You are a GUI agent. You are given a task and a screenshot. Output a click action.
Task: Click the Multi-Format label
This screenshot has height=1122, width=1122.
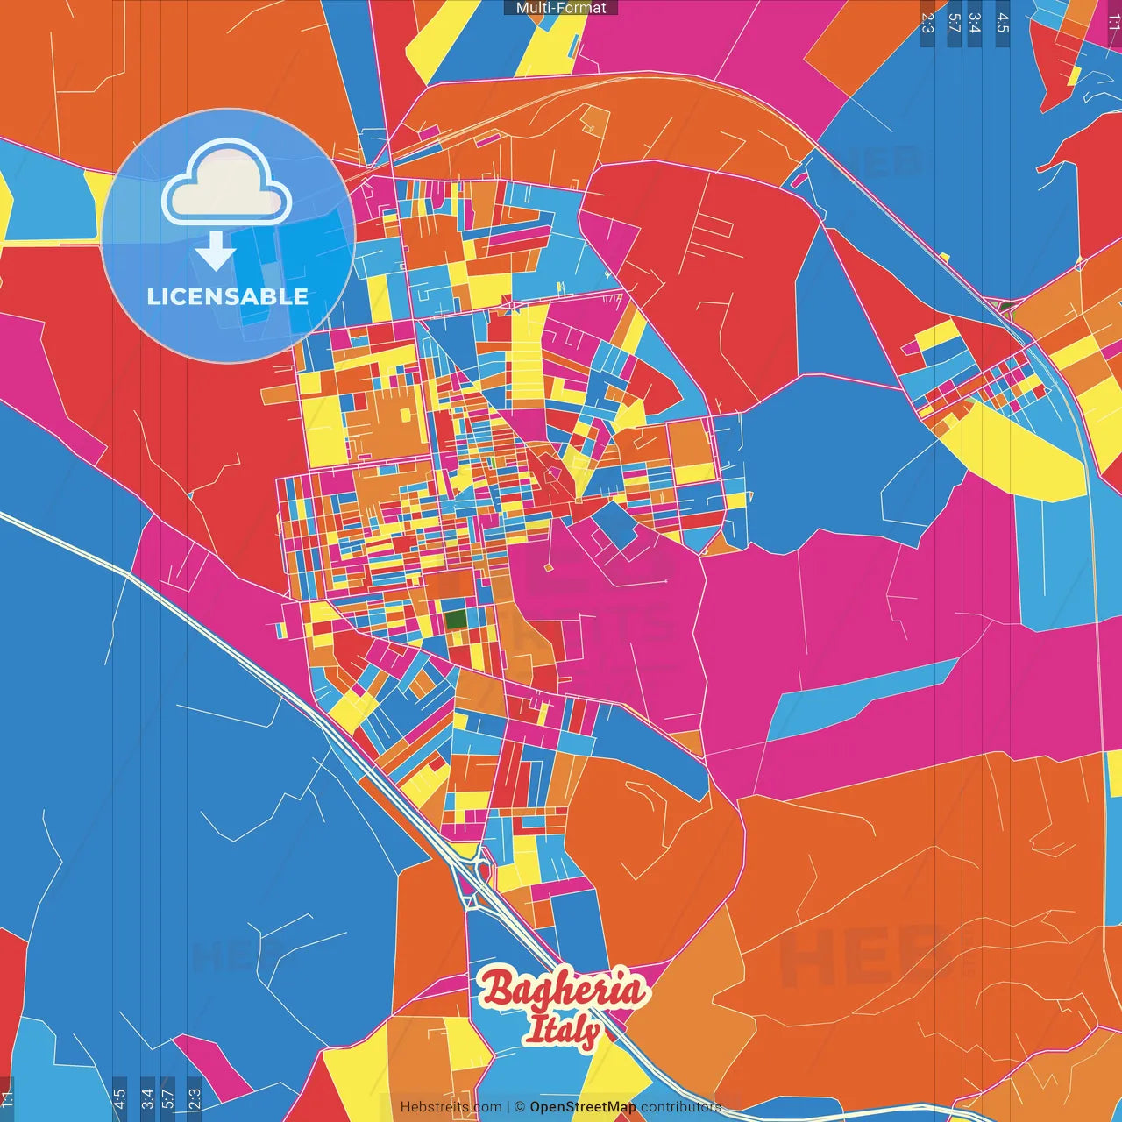561,8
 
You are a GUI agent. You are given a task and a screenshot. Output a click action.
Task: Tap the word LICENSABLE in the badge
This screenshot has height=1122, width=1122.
227,296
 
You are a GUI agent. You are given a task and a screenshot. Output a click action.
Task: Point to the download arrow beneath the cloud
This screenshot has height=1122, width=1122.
216,251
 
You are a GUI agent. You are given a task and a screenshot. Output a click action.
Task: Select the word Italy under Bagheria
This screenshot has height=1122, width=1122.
563,1030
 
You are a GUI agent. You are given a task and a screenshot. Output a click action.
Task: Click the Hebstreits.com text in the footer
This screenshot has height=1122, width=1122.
451,1107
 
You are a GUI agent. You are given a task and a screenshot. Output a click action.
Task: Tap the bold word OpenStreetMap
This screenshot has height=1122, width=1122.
582,1107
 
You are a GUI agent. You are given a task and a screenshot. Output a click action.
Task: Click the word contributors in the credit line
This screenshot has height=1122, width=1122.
680,1107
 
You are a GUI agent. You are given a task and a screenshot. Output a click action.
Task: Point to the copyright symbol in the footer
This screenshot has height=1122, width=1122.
519,1107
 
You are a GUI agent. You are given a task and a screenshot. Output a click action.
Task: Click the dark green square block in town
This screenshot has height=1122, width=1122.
455,619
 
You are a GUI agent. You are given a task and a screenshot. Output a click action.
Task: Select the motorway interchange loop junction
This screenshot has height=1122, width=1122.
474,877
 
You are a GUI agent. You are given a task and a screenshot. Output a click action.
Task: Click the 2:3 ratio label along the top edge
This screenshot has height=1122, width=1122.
927,23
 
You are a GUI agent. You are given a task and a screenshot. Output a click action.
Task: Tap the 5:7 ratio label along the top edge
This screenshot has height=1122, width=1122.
954,23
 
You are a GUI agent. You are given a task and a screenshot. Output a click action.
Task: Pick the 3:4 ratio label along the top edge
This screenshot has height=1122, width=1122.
975,23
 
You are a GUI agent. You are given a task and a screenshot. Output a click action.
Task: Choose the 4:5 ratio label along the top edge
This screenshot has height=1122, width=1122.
1003,23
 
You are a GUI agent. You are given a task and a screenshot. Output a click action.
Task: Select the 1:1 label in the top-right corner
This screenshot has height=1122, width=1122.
1113,19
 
